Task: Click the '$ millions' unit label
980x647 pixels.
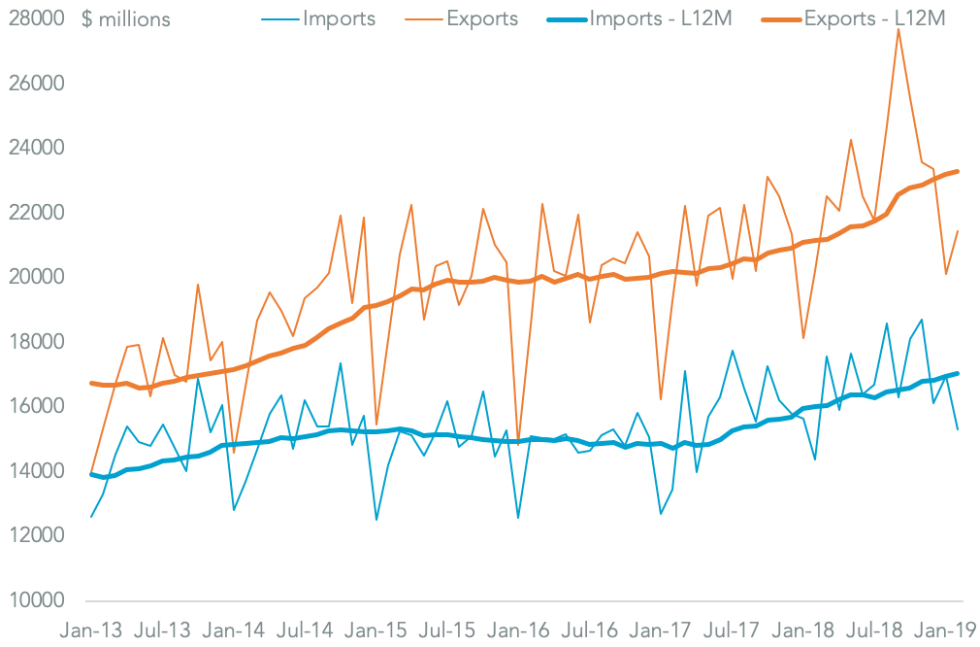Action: click(129, 18)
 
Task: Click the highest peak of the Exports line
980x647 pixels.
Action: click(898, 29)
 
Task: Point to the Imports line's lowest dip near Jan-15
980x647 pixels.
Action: click(376, 520)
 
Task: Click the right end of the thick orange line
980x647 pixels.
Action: click(958, 172)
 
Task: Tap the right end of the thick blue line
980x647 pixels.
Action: click(958, 373)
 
